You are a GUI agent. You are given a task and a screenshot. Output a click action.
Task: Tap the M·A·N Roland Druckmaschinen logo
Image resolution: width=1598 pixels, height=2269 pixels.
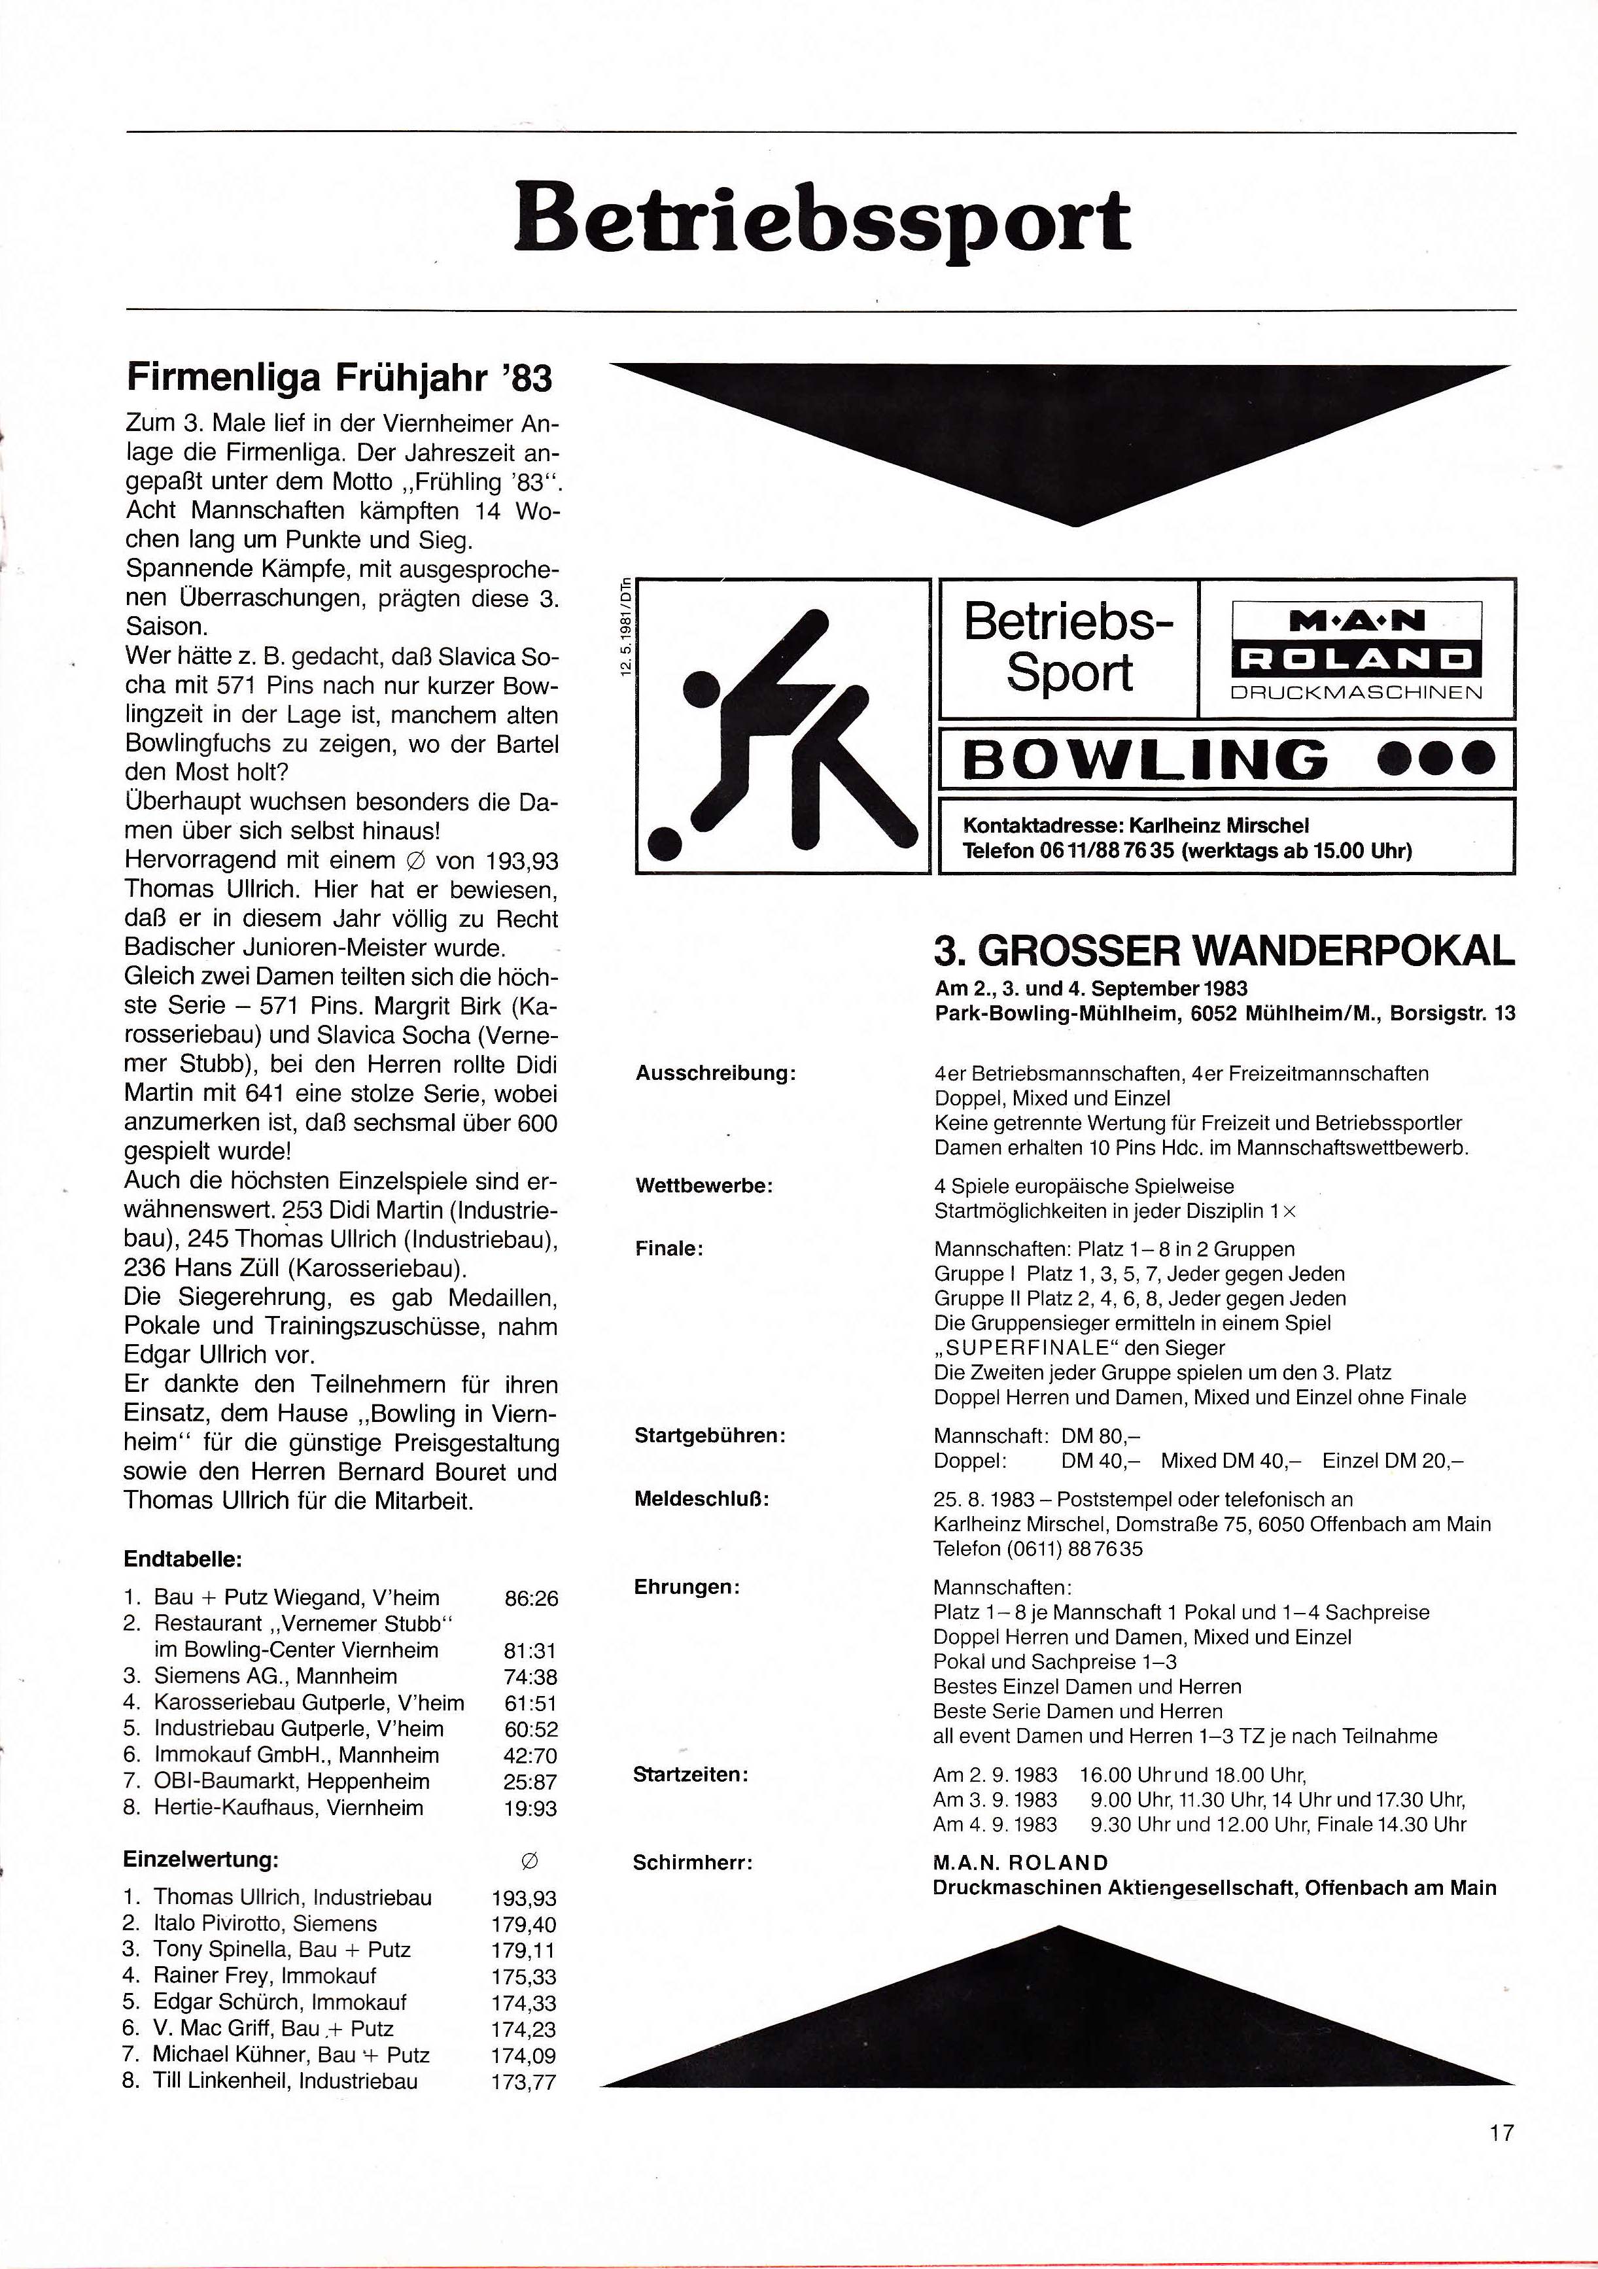[1356, 650]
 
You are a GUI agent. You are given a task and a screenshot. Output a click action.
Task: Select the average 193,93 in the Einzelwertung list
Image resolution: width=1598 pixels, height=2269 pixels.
[524, 1898]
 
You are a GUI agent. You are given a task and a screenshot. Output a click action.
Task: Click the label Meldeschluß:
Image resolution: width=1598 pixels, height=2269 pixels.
[702, 1499]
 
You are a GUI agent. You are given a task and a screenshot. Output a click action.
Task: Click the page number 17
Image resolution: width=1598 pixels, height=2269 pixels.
[1501, 2132]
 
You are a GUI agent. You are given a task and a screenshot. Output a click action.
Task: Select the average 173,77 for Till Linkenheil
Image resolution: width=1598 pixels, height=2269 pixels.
[524, 2082]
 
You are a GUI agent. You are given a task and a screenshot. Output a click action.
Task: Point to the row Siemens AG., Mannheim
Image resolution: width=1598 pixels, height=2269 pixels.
[275, 1676]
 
